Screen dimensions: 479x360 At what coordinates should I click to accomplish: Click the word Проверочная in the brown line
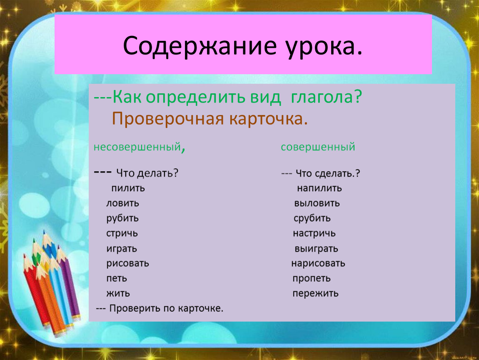point(168,119)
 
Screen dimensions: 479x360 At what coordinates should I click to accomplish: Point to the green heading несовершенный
point(137,147)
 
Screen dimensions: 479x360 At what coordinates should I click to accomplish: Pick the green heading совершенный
point(318,147)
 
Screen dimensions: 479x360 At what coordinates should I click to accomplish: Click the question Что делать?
point(147,173)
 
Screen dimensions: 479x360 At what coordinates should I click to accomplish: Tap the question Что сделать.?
point(328,174)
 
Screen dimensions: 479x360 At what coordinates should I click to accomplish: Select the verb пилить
point(128,188)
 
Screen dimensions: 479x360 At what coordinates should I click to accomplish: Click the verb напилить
point(319,188)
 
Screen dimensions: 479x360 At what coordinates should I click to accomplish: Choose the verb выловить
point(317,203)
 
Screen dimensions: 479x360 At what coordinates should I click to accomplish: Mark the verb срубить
point(312,218)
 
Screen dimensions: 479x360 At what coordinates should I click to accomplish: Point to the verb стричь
point(122,233)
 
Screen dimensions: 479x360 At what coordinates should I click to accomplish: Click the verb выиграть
point(316,249)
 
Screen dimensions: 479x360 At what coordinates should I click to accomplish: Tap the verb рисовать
point(128,263)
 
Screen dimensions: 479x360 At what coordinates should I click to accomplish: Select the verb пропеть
point(312,278)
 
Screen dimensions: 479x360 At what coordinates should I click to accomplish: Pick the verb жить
point(118,293)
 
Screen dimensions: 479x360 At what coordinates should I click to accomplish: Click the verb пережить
point(316,293)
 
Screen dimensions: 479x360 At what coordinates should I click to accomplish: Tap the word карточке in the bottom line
point(200,308)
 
